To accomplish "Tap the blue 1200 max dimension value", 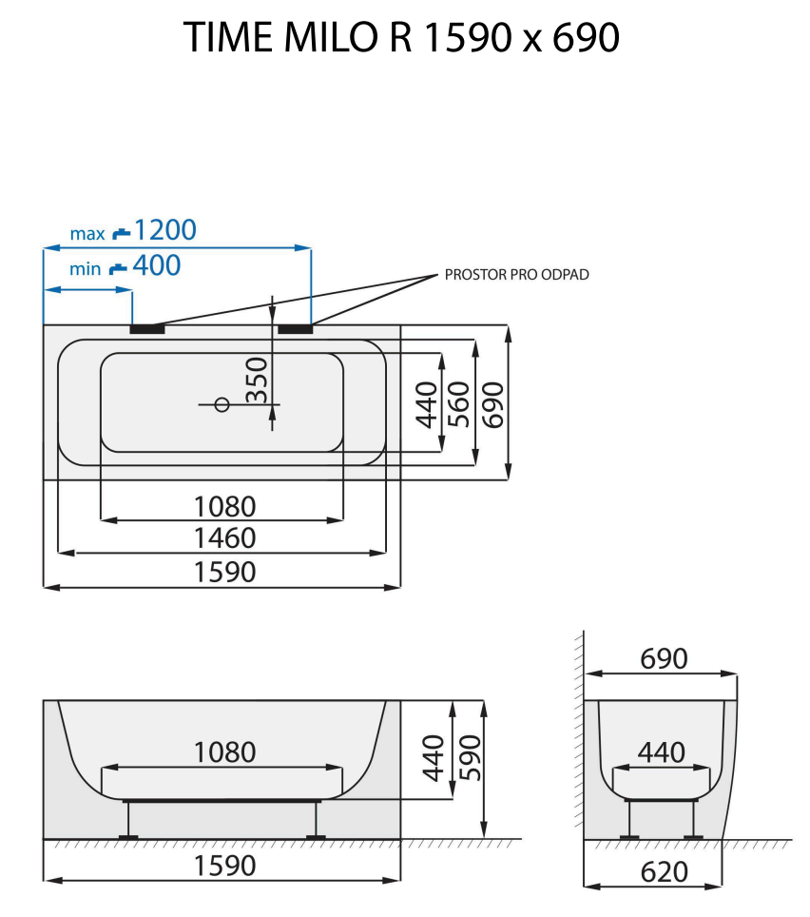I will pyautogui.click(x=164, y=230).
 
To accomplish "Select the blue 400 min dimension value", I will pyautogui.click(x=156, y=266).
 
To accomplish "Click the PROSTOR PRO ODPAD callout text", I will pyautogui.click(x=517, y=275).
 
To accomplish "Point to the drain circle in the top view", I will pyautogui.click(x=222, y=404).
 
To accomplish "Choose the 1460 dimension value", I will pyautogui.click(x=224, y=538).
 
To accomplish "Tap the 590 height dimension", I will pyautogui.click(x=466, y=758).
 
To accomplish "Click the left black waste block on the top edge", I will pyautogui.click(x=147, y=329).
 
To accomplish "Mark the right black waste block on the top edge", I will pyautogui.click(x=296, y=329).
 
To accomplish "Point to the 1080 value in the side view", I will pyautogui.click(x=224, y=752).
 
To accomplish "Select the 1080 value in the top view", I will pyautogui.click(x=224, y=505).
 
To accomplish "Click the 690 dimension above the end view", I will pyautogui.click(x=663, y=658).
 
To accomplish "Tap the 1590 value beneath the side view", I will pyautogui.click(x=224, y=867).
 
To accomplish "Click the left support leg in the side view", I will pyautogui.click(x=128, y=819).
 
